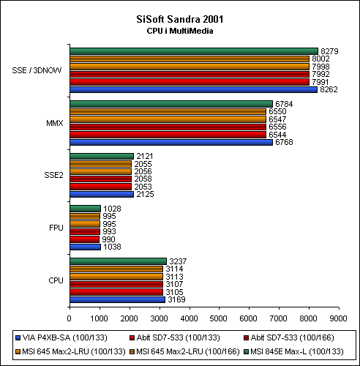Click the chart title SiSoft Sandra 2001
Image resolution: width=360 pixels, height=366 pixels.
coord(180,19)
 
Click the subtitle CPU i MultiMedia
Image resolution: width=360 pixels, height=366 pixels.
coord(180,31)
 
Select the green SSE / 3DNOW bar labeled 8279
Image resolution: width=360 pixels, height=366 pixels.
coord(194,51)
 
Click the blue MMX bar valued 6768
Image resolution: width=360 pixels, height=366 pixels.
coord(171,142)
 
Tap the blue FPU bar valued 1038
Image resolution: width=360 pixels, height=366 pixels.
coord(85,247)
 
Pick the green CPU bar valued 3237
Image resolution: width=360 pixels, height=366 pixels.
coord(118,261)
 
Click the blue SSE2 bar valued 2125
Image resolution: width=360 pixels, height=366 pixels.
coord(102,194)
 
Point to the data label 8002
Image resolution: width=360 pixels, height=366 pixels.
coord(320,59)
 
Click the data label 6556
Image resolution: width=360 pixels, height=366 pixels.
coord(277,127)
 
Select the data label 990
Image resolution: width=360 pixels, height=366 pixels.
coord(108,239)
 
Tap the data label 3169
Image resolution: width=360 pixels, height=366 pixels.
coord(176,299)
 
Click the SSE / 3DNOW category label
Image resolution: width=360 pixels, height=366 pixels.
coord(37,70)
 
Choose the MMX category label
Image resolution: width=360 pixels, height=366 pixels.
coord(55,123)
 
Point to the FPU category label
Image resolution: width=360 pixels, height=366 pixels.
coord(56,228)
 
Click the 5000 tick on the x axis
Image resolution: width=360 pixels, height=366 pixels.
coord(219,318)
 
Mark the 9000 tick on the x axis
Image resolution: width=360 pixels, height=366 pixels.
coord(338,318)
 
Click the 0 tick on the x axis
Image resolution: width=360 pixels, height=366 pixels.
coord(70,318)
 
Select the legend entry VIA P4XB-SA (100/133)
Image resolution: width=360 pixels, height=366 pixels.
coord(61,337)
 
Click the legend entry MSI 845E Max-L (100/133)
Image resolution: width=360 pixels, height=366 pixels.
coord(293,351)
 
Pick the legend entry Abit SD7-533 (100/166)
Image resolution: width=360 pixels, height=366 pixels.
coord(289,337)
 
